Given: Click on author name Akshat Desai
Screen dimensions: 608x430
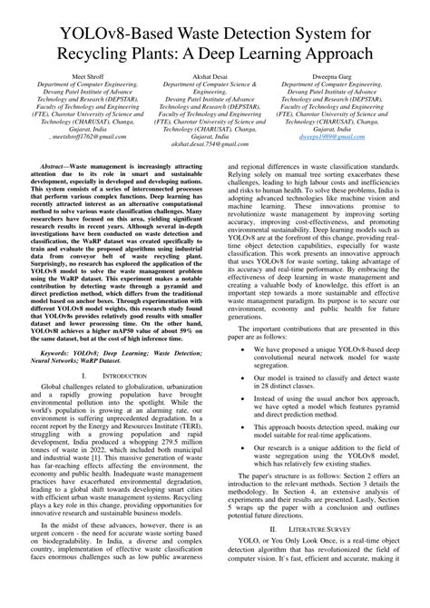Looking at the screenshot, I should coord(215,101).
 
